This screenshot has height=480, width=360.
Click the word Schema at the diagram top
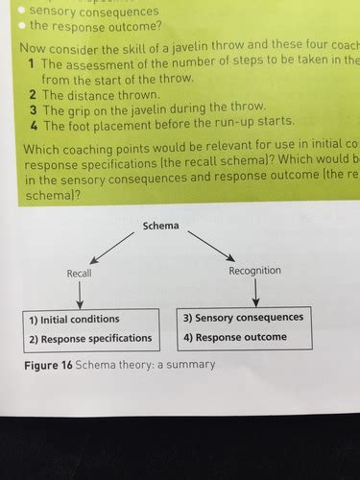[160, 226]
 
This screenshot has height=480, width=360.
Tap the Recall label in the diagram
[79, 274]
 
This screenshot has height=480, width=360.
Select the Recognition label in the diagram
[255, 271]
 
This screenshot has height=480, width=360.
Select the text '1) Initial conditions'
[75, 319]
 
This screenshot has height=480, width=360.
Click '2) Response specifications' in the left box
[90, 338]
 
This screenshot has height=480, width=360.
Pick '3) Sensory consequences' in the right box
[243, 317]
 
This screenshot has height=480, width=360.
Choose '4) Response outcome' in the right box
[235, 337]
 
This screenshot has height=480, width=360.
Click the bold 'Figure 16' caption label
[48, 365]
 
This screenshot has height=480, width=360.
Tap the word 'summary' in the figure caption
[192, 365]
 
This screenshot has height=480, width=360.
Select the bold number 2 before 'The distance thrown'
[32, 94]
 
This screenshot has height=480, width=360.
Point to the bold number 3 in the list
[32, 108]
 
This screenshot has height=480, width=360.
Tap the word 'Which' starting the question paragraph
[39, 143]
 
